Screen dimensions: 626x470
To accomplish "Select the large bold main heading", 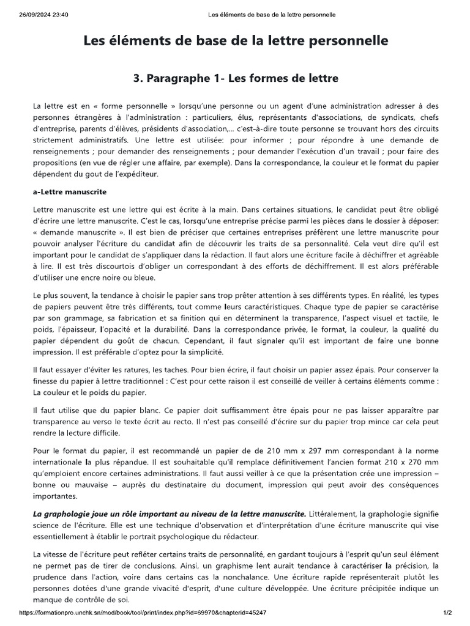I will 235,41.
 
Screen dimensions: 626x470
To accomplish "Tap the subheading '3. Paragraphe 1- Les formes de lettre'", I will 235,79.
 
